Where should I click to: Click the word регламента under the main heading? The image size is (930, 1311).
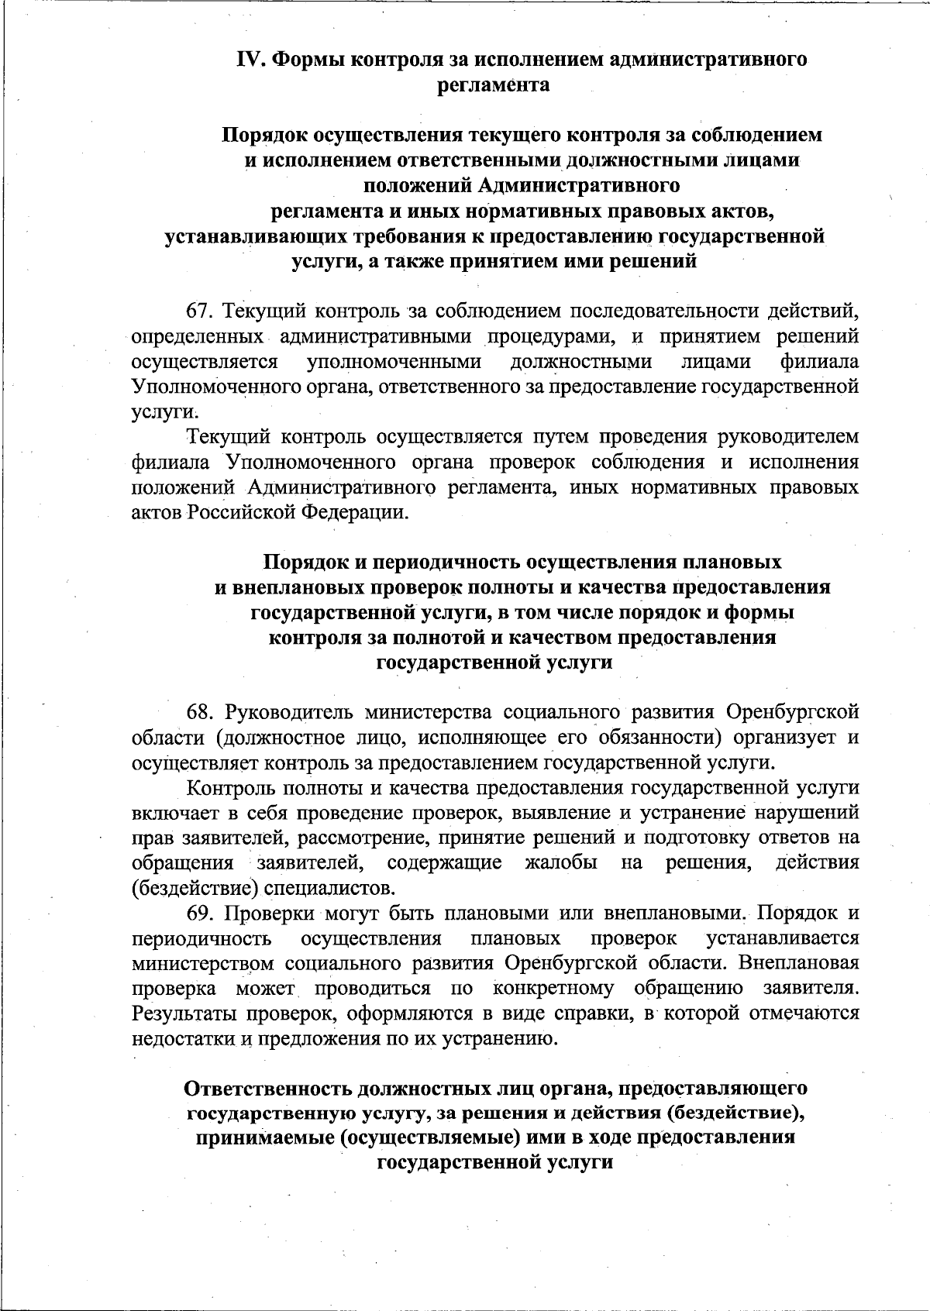[x=494, y=84]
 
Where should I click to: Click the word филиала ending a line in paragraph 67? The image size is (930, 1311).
[x=820, y=362]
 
